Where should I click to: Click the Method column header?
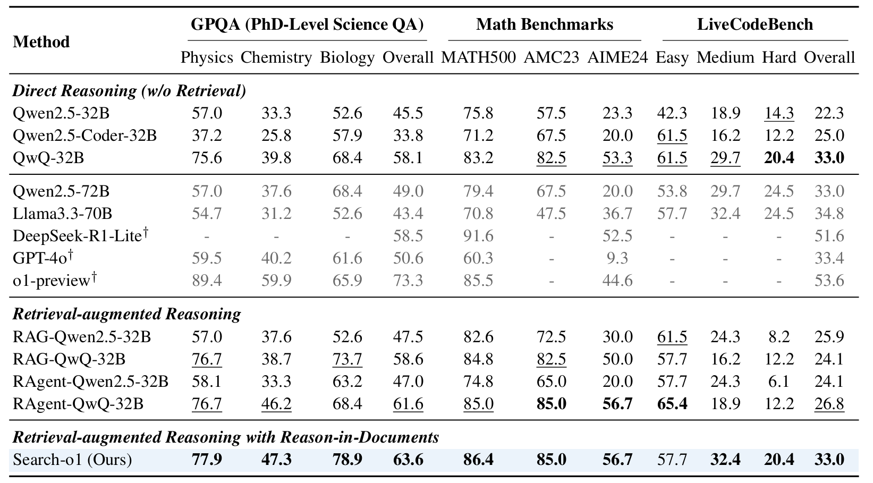pos(41,42)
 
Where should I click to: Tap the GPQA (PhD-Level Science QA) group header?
pos(307,24)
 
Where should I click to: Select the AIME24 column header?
pos(617,57)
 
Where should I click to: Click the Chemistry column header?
pos(276,57)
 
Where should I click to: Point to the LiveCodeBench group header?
pos(755,24)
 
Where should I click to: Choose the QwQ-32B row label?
pos(48,158)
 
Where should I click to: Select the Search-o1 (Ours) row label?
pos(72,459)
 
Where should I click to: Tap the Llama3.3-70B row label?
pos(62,214)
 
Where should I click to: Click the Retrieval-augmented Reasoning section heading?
pos(126,314)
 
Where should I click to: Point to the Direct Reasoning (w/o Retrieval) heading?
pos(129,91)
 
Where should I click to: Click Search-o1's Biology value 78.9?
pos(347,459)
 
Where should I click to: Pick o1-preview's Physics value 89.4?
pos(207,280)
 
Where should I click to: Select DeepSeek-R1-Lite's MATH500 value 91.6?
pos(478,235)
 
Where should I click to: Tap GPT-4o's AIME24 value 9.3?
pos(617,258)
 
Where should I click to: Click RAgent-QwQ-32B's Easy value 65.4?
pos(672,404)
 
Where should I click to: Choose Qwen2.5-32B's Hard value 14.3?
pos(779,113)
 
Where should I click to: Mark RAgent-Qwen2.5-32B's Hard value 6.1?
pos(779,382)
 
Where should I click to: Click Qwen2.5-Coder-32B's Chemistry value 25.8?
pos(276,135)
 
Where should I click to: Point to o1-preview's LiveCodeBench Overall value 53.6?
pos(829,280)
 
